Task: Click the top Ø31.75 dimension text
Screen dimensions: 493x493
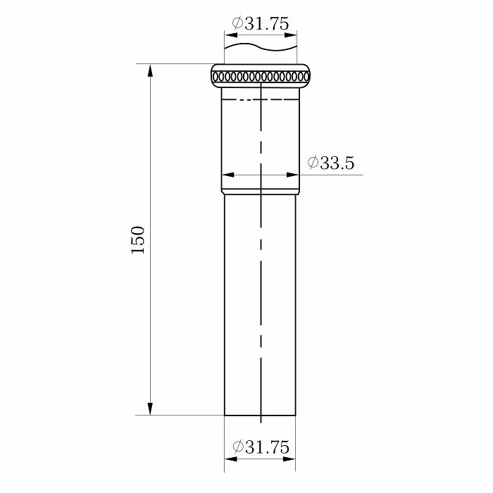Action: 261,23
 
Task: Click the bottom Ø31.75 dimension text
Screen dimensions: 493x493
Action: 261,447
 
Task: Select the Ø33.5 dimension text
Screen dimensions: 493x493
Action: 331,163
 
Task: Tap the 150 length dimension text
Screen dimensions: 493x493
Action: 138,240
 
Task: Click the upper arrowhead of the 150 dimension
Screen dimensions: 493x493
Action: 150,70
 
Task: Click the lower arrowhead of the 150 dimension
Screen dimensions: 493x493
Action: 150,408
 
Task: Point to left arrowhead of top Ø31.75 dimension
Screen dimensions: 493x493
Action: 231,35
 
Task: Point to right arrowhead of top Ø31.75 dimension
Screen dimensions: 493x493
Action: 290,35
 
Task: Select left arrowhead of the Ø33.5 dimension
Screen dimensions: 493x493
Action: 228,175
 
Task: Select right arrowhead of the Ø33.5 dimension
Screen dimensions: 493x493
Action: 293,175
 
